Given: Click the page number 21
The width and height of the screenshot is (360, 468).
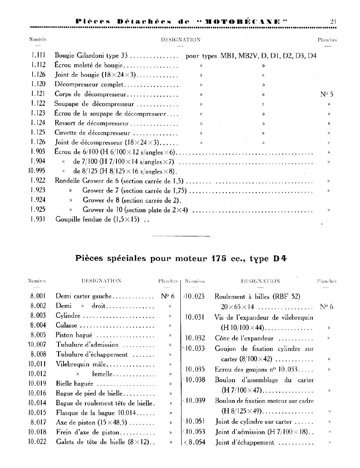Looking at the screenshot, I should click(333, 22).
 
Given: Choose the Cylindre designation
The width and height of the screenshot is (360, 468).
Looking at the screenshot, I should click(68, 315).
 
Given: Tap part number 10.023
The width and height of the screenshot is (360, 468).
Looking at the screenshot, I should click(195, 296).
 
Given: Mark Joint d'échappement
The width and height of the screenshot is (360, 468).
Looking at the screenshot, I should click(244, 442).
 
